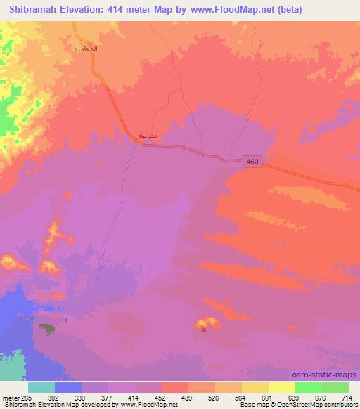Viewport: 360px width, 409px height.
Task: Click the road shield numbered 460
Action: pos(253,162)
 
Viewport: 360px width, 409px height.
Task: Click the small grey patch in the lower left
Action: pos(47,328)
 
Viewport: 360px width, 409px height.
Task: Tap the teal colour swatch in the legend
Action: pos(42,387)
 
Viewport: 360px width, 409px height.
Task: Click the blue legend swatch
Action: pos(69,387)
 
